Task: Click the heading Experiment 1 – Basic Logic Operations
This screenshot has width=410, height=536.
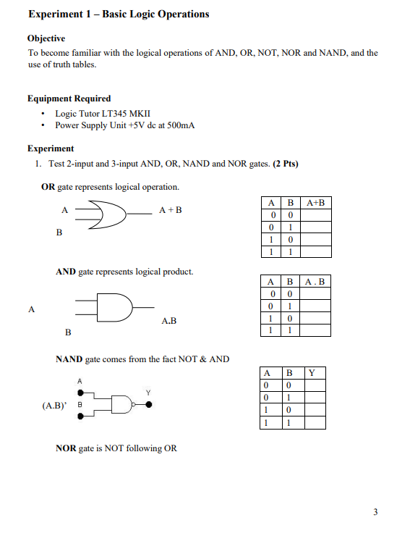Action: (118, 14)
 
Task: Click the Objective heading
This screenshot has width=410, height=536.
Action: (46, 38)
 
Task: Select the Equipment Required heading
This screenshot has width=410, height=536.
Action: (69, 99)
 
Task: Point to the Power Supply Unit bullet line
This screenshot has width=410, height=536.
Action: (125, 125)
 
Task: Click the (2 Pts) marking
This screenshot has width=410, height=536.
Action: (285, 164)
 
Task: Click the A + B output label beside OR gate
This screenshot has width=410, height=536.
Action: (171, 211)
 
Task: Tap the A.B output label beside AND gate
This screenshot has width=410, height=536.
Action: (168, 320)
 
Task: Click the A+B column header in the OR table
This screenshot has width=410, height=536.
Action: (316, 203)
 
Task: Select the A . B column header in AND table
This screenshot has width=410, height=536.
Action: (316, 281)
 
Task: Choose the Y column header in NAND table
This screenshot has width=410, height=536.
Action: (312, 373)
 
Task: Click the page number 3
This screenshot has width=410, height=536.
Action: (375, 513)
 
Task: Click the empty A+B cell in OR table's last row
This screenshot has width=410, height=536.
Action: (316, 252)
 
